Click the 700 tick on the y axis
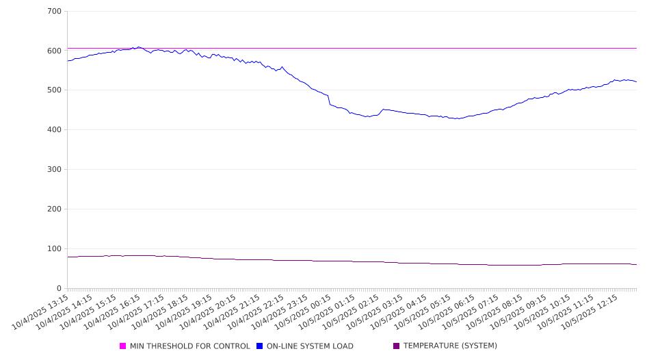pyautogui.click(x=54, y=12)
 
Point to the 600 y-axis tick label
pyautogui.click(x=54, y=51)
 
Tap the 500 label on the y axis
pyautogui.click(x=54, y=90)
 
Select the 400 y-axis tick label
pyautogui.click(x=54, y=130)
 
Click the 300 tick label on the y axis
pyautogui.click(x=54, y=170)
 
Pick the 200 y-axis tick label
pyautogui.click(x=54, y=209)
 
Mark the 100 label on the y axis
pyautogui.click(x=54, y=249)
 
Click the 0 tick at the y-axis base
pyautogui.click(x=59, y=289)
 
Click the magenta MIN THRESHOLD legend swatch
pyautogui.click(x=123, y=346)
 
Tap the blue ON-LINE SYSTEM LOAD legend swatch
pyautogui.click(x=260, y=346)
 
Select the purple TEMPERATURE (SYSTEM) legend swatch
pyautogui.click(x=397, y=346)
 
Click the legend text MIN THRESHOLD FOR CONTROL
pyautogui.click(x=190, y=346)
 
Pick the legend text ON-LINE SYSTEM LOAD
pyautogui.click(x=310, y=346)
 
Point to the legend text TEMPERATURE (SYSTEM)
pyautogui.click(x=450, y=346)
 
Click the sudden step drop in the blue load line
pyautogui.click(x=329, y=100)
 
